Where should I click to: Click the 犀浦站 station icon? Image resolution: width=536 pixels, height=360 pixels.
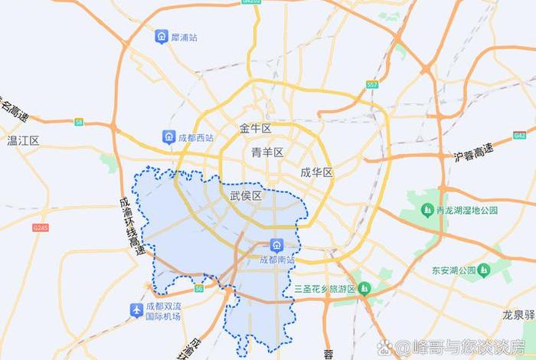pyautogui.click(x=162, y=37)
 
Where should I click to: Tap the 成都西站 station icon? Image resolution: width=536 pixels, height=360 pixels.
pyautogui.click(x=168, y=137)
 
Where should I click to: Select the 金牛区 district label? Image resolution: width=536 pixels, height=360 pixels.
pyautogui.click(x=256, y=128)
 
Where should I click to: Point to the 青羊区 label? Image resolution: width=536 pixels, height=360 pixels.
pyautogui.click(x=267, y=152)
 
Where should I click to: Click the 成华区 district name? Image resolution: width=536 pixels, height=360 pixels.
pyautogui.click(x=316, y=172)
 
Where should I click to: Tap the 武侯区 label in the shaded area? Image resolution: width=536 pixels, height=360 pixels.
pyautogui.click(x=246, y=196)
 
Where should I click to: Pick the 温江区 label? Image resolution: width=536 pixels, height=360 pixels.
pyautogui.click(x=23, y=141)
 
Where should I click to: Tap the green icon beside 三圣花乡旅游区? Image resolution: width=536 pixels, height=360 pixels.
pyautogui.click(x=364, y=288)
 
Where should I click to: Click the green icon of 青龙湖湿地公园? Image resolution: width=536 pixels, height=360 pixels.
pyautogui.click(x=427, y=209)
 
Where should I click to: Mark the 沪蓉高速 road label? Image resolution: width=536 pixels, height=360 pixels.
pyautogui.click(x=473, y=152)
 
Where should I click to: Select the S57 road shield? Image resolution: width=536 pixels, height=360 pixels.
pyautogui.click(x=372, y=85)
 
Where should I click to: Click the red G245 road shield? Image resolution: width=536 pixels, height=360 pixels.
pyautogui.click(x=41, y=227)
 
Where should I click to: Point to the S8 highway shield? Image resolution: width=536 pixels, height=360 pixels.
pyautogui.click(x=79, y=121)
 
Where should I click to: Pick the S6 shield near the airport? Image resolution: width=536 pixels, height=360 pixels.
pyautogui.click(x=199, y=289)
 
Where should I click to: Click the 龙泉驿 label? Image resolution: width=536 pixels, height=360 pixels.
pyautogui.click(x=519, y=315)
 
